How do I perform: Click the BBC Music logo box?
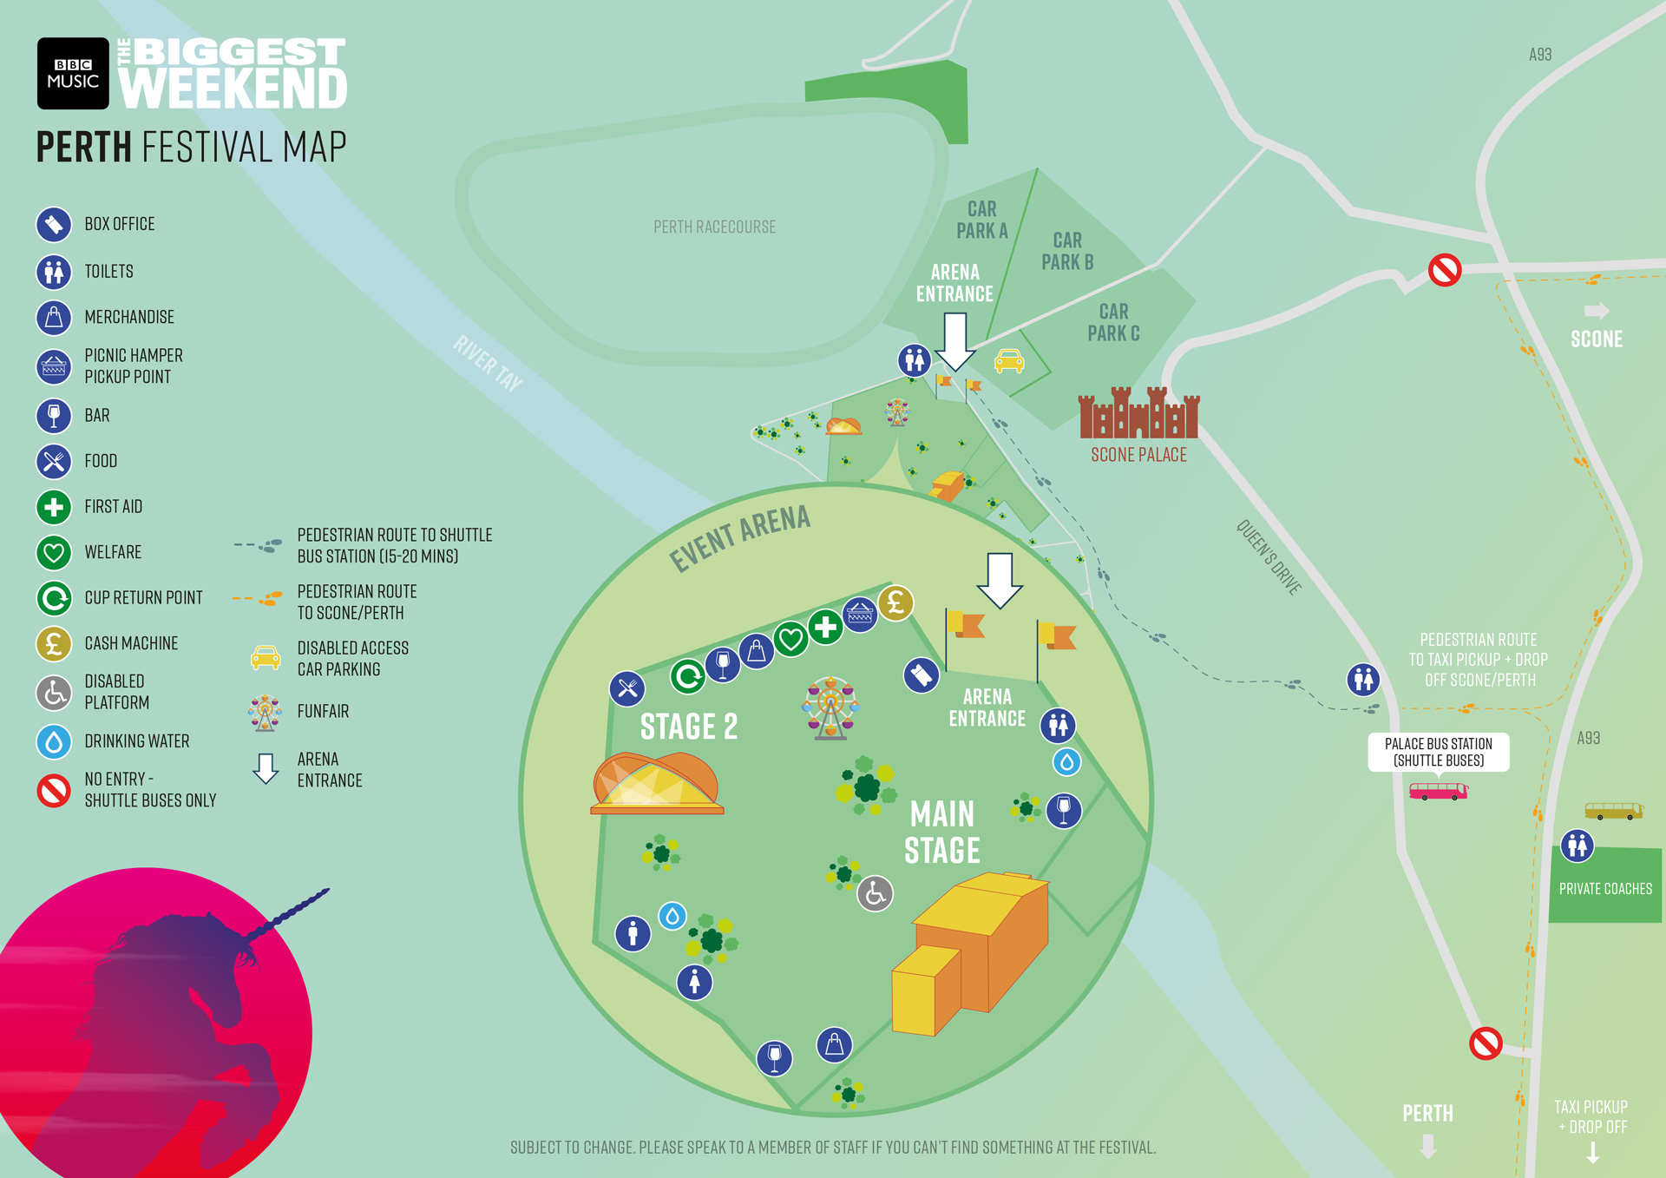click(x=73, y=73)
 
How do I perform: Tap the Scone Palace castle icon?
click(x=1138, y=414)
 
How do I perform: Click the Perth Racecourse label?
click(x=714, y=227)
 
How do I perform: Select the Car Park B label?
click(x=1067, y=251)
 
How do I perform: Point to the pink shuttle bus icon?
click(x=1438, y=791)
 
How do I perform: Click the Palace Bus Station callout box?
click(x=1438, y=752)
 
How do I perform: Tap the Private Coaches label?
click(x=1605, y=889)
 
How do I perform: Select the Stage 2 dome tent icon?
click(x=657, y=783)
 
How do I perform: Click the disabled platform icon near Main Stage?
click(x=875, y=893)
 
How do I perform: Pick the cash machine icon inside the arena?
click(x=895, y=602)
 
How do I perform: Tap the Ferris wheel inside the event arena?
click(x=830, y=707)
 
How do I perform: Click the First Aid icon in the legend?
click(x=54, y=507)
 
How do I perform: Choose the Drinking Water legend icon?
click(x=54, y=741)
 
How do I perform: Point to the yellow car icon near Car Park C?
click(x=1008, y=360)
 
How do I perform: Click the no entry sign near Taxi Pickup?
click(x=1486, y=1043)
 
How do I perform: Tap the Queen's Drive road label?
click(x=1269, y=557)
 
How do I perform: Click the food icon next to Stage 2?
click(x=626, y=689)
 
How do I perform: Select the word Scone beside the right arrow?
click(x=1596, y=339)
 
